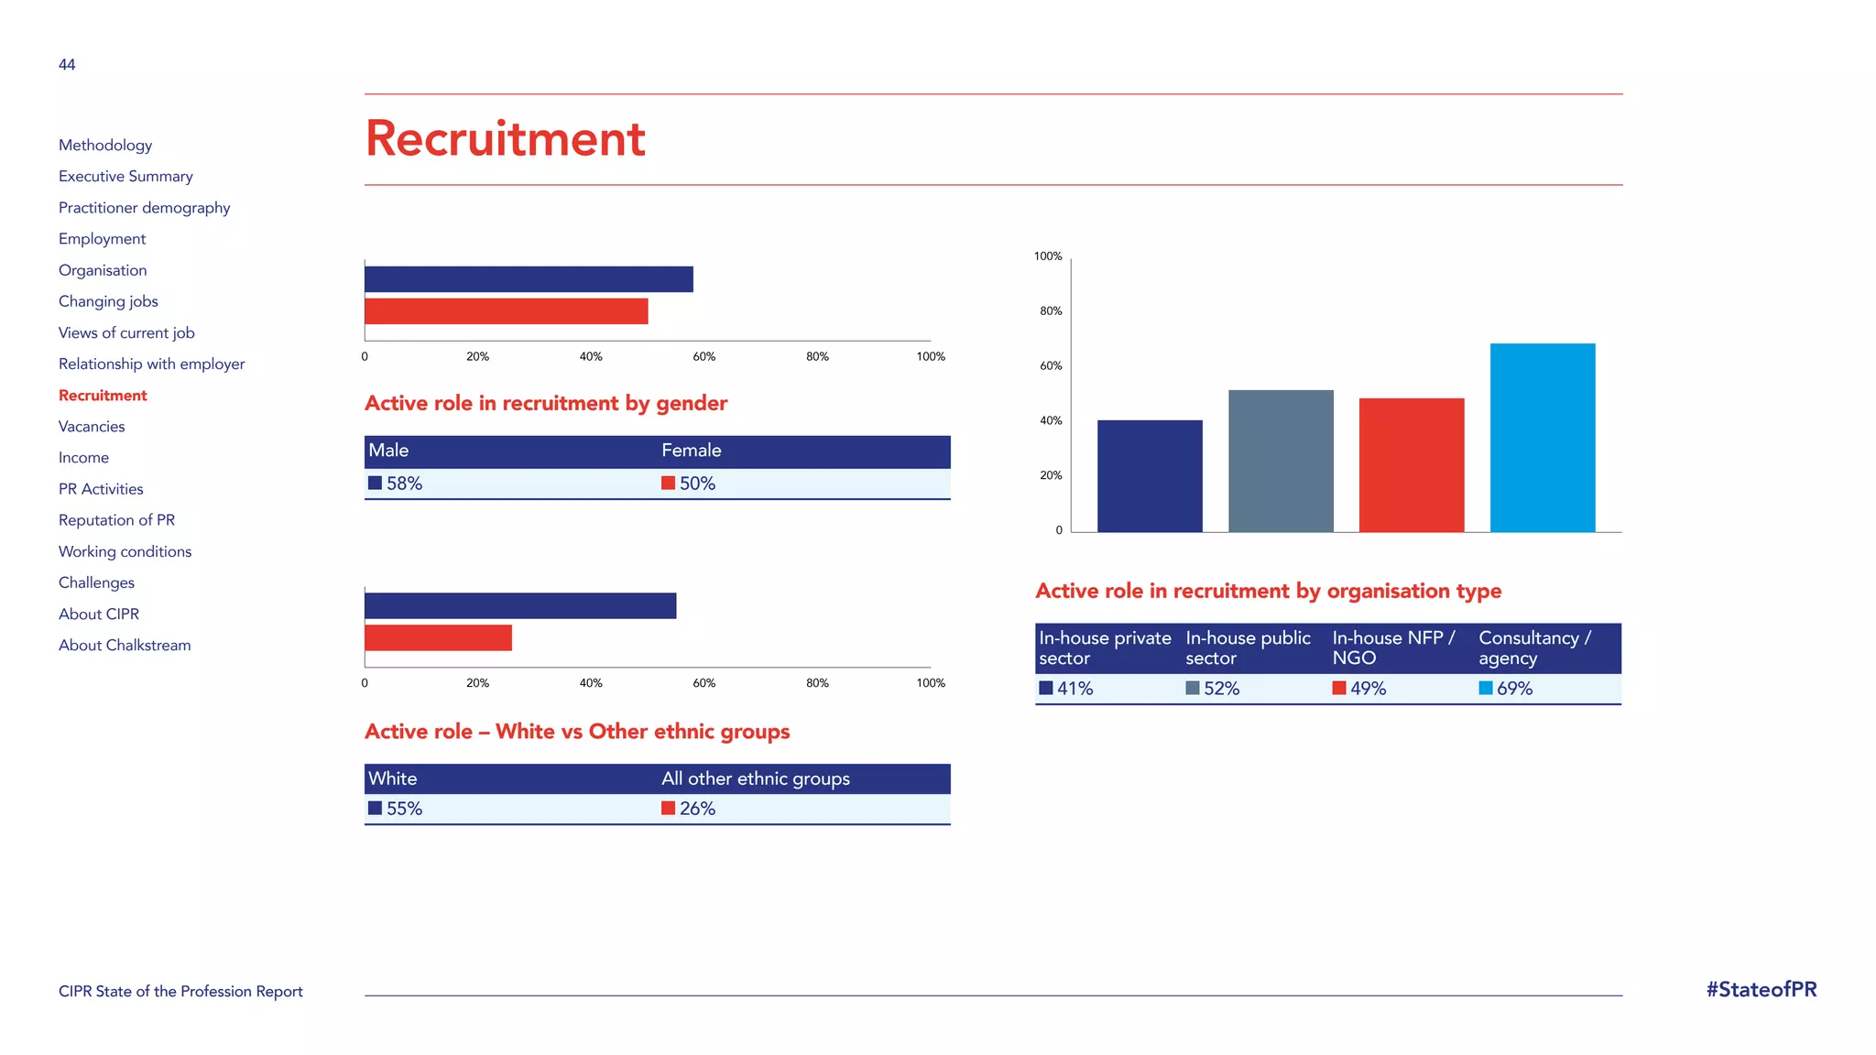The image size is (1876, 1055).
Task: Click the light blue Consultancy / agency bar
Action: click(x=1543, y=438)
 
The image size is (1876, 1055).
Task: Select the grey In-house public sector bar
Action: click(x=1281, y=461)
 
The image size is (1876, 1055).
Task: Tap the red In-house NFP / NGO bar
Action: click(x=1412, y=465)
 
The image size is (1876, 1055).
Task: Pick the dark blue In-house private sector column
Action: click(x=1150, y=476)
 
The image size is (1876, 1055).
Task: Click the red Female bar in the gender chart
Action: click(x=506, y=311)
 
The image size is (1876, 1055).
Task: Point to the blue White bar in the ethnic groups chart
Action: click(x=520, y=606)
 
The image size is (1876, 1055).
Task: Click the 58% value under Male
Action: click(x=404, y=484)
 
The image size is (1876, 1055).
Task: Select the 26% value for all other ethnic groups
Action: click(x=697, y=809)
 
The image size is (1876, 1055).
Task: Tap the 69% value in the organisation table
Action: click(x=1514, y=689)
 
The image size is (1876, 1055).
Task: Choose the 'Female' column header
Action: click(x=692, y=451)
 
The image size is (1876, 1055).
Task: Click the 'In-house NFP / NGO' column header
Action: click(x=1392, y=647)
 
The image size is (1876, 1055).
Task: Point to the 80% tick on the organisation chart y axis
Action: click(x=1051, y=311)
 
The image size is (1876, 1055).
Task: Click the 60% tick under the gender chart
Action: click(x=703, y=357)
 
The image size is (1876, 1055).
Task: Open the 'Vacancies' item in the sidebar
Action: click(x=92, y=427)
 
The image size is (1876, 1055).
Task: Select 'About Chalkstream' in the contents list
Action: click(x=125, y=646)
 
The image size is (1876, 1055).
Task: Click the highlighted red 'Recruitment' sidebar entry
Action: click(x=103, y=396)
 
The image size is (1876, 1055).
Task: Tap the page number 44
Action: click(x=67, y=65)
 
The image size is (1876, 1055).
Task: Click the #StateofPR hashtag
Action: click(x=1761, y=990)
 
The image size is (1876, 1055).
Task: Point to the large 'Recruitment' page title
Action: click(x=505, y=139)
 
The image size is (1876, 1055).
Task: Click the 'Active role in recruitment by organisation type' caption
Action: click(x=1268, y=592)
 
